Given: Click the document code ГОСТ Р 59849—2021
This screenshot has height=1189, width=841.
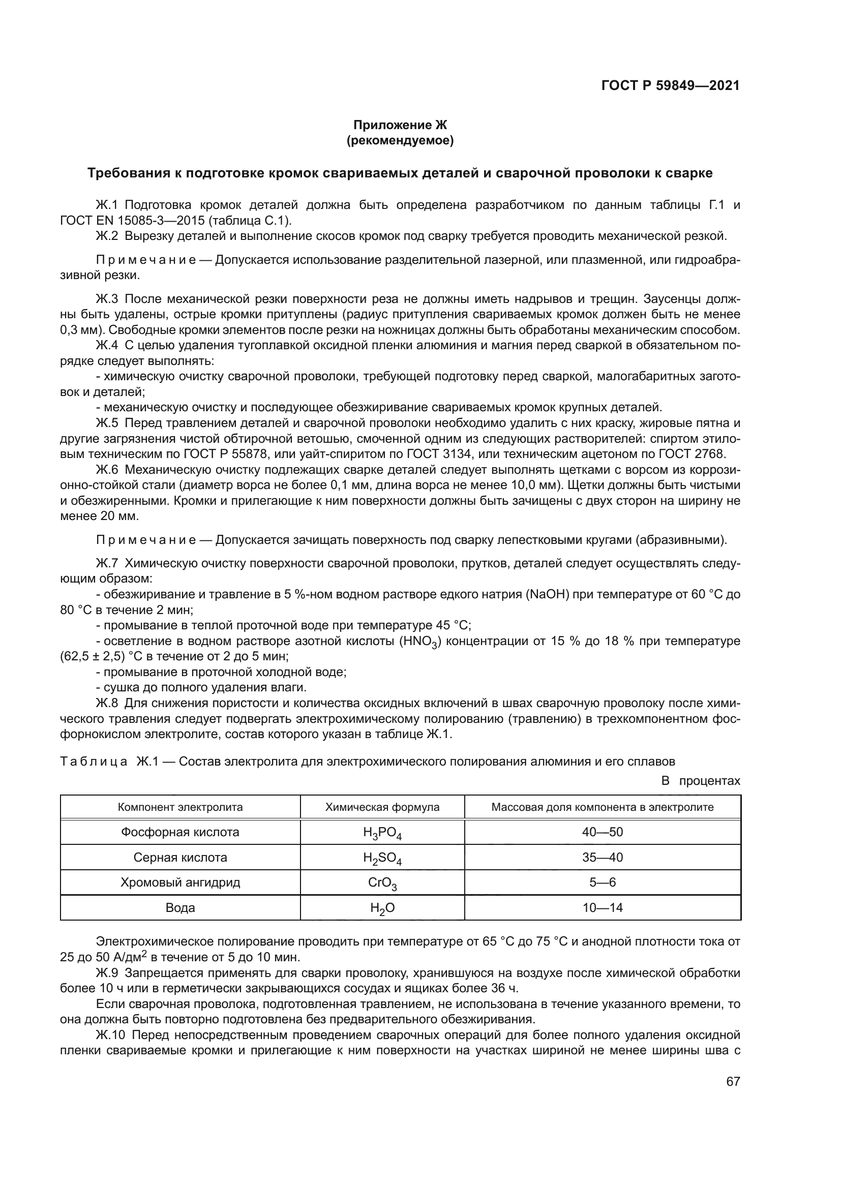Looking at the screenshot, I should click(670, 85).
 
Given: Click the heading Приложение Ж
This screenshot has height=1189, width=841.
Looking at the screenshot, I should click(399, 125).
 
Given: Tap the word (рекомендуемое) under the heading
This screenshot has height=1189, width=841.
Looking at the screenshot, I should click(399, 140).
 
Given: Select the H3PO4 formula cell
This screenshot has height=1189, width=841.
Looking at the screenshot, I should click(382, 833).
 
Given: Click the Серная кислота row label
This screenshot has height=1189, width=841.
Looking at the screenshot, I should click(180, 857).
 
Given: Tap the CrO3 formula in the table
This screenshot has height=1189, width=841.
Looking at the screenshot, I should click(382, 883).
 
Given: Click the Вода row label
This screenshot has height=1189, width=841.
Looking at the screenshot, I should click(180, 907).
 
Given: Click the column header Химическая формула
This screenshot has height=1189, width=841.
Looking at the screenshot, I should click(382, 807).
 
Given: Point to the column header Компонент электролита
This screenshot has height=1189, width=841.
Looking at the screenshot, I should click(180, 807).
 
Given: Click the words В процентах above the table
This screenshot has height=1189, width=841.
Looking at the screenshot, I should click(701, 780).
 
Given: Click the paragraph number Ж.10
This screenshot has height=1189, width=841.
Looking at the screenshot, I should click(110, 1035).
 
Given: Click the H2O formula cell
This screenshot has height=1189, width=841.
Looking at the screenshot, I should click(382, 908).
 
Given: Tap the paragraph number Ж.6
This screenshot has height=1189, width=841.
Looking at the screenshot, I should click(107, 470).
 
